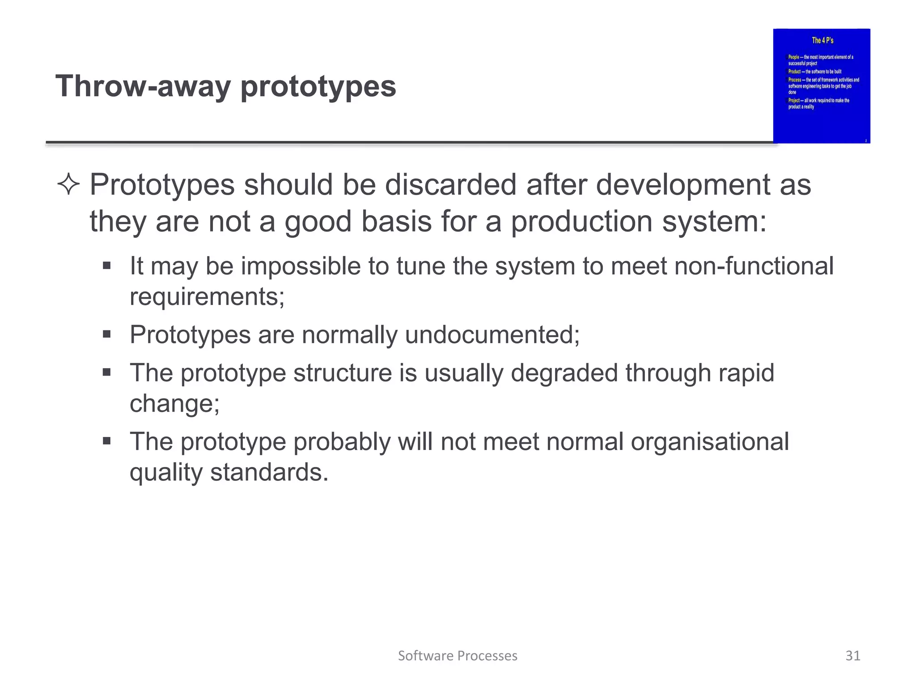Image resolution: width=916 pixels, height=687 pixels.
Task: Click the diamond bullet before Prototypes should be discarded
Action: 68,185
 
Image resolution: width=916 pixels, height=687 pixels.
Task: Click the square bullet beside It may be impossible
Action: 106,266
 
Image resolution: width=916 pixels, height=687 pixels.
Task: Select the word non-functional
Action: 754,266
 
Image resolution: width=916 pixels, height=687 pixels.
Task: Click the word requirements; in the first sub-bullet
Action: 207,297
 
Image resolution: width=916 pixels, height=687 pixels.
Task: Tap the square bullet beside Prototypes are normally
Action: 106,334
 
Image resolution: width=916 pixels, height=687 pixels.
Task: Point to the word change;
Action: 174,403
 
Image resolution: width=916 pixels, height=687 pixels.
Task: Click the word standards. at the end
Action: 269,472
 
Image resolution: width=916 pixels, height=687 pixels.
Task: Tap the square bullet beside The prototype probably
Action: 106,441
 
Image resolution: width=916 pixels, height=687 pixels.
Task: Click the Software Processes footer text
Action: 458,656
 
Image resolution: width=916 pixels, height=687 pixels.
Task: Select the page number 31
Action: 853,656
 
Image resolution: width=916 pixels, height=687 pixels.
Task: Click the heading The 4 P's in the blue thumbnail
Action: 823,41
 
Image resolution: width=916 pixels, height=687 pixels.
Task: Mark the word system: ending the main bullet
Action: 714,222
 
